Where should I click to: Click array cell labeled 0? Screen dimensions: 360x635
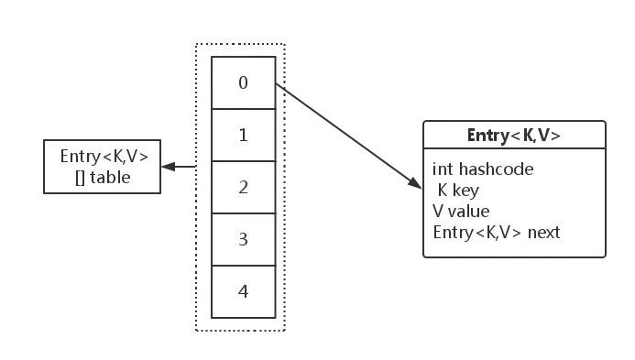coord(243,82)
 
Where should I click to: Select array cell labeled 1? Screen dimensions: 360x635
coord(243,135)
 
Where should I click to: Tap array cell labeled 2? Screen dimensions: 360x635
coord(243,187)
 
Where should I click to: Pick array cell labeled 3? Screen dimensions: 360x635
coord(243,239)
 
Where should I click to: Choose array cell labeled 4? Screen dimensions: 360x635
coord(243,291)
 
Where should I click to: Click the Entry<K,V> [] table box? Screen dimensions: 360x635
coord(103,167)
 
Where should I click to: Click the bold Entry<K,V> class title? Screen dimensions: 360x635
coord(513,136)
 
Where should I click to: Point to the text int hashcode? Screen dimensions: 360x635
coord(483,169)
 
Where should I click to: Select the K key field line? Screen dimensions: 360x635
coord(458,191)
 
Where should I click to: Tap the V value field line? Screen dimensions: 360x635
coord(461,212)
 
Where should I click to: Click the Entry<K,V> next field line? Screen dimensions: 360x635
coord(496,232)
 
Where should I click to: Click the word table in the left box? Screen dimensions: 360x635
coord(110,177)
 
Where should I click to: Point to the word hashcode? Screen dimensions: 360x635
coord(498,169)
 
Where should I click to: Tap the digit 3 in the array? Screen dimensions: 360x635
coord(243,239)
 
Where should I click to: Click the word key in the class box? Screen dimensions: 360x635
coord(465,191)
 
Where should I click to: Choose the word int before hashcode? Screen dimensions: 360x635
coord(443,169)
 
